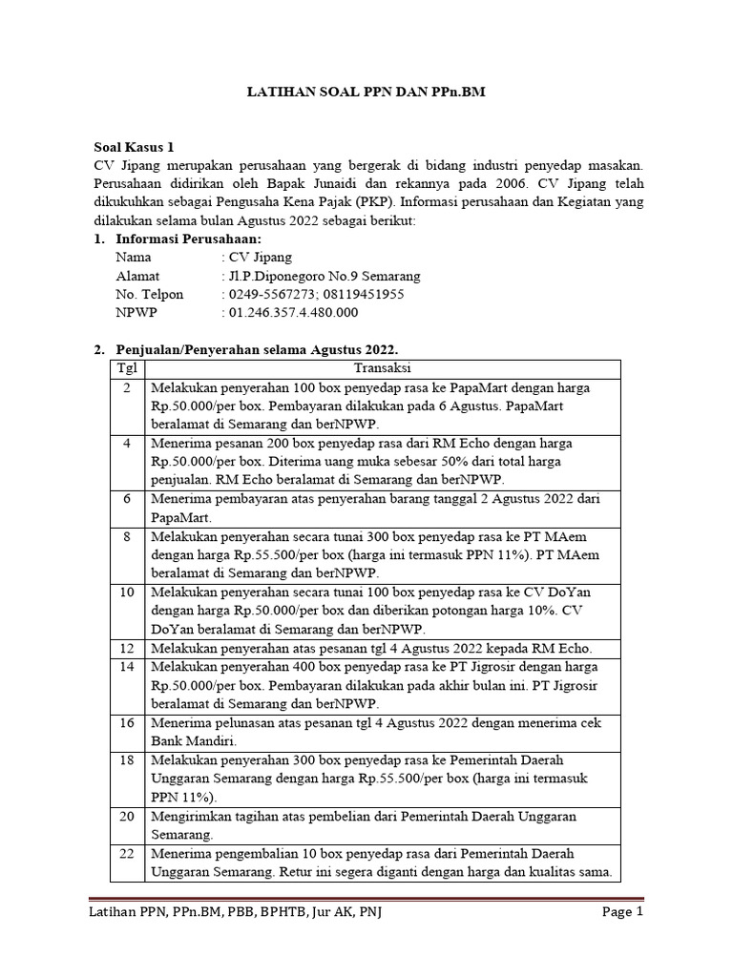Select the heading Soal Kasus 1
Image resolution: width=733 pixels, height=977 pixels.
click(x=134, y=148)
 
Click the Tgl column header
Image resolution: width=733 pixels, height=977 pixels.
click(x=126, y=368)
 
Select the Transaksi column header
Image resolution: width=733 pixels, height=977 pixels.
click(x=382, y=368)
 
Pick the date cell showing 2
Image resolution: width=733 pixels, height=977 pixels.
click(x=126, y=388)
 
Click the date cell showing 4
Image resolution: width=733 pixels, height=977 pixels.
click(x=126, y=444)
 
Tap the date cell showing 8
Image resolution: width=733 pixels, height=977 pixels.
click(x=126, y=536)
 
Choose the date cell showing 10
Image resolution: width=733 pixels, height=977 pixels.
click(x=126, y=592)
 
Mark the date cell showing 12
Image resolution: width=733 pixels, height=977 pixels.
click(x=126, y=648)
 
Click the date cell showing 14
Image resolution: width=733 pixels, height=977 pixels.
click(x=126, y=666)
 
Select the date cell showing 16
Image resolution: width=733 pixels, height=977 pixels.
click(x=126, y=722)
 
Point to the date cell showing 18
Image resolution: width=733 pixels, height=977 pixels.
click(x=126, y=759)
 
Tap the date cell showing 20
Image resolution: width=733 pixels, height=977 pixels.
click(x=126, y=816)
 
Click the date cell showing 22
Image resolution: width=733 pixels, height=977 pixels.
click(x=126, y=852)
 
